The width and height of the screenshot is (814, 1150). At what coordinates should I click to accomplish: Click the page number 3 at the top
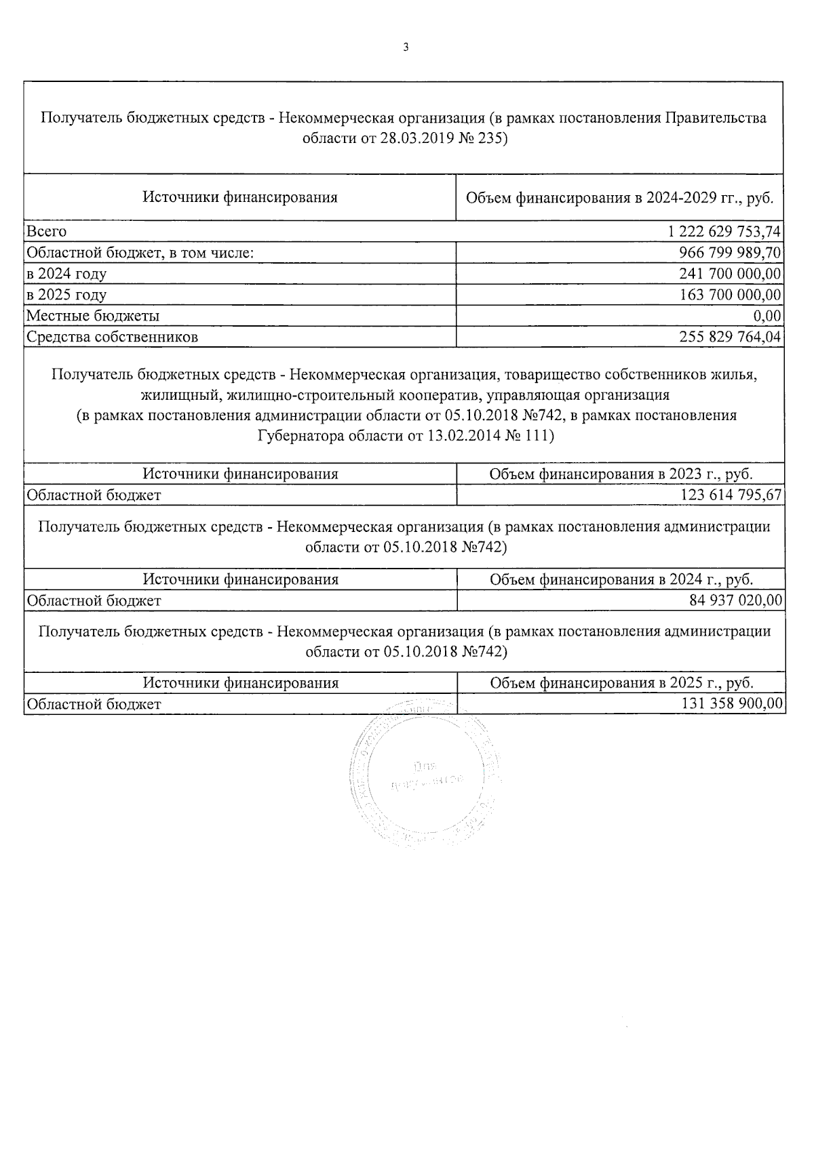(406, 47)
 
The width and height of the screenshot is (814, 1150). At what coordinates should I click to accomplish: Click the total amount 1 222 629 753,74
(724, 232)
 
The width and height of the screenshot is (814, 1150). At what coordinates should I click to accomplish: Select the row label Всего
(46, 232)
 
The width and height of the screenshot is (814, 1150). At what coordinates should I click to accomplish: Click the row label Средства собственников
(112, 337)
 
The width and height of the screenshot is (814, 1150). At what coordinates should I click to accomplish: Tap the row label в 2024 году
(66, 274)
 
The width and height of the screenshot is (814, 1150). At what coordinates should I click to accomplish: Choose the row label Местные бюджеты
(93, 316)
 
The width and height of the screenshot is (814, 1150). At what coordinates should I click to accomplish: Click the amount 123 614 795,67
(731, 495)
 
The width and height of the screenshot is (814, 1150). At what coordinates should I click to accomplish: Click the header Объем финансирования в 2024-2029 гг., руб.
(619, 198)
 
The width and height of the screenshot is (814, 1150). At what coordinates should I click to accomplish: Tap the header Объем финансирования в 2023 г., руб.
(621, 474)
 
